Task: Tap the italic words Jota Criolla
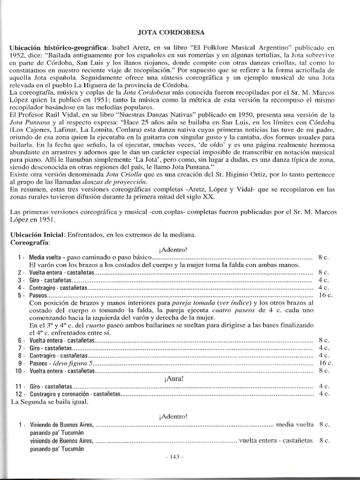[x=133, y=174]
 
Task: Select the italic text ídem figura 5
[x=73, y=363]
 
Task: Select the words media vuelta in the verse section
[x=295, y=425]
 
